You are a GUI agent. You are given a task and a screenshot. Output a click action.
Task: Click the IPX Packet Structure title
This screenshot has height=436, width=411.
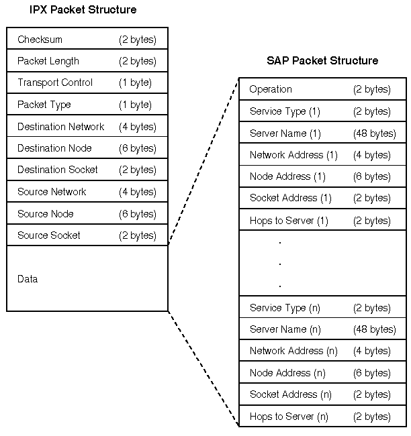(x=83, y=10)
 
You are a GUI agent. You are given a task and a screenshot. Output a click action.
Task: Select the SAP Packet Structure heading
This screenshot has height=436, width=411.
(x=322, y=60)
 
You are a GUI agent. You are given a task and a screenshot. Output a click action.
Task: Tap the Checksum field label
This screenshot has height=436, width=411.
(x=40, y=40)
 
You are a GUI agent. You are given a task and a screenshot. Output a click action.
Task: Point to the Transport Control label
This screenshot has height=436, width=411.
(x=55, y=83)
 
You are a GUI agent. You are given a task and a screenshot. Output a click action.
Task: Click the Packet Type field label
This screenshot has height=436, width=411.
(x=44, y=105)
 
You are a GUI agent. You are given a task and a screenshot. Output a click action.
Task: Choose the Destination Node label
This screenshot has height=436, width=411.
(x=54, y=148)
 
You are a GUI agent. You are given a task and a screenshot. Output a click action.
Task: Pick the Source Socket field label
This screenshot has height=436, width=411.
(x=48, y=235)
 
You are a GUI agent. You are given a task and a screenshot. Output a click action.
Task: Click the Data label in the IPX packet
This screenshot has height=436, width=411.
(x=28, y=279)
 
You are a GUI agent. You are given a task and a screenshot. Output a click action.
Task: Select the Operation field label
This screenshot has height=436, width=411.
(x=271, y=89)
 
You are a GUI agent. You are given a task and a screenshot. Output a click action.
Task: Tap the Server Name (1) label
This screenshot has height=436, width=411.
(x=285, y=133)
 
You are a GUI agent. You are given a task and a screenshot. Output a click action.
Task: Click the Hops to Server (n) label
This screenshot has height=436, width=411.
(x=289, y=417)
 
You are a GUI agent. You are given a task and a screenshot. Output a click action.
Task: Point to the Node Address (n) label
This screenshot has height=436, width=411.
(x=289, y=373)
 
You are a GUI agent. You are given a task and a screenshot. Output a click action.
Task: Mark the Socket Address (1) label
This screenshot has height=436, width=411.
(x=291, y=198)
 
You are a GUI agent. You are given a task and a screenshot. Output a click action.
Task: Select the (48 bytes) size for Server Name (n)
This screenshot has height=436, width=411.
(x=374, y=329)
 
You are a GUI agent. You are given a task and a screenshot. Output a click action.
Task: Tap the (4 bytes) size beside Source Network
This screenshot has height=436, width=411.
(x=138, y=192)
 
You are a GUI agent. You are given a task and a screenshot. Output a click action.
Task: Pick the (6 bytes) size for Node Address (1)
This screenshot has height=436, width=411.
(x=371, y=176)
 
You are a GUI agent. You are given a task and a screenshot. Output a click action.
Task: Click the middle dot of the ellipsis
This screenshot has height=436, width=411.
(x=279, y=264)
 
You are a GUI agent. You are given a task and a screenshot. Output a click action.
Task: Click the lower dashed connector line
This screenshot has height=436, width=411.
(x=203, y=368)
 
